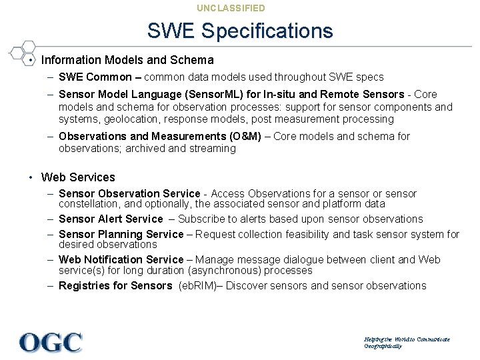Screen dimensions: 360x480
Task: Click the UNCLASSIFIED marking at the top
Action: click(231, 8)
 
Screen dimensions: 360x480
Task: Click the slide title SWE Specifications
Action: click(239, 31)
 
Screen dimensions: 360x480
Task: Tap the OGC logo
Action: click(51, 341)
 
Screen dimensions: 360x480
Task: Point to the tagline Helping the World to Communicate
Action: click(407, 339)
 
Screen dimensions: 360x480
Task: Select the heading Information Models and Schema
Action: click(127, 60)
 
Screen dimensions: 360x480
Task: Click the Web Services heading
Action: click(78, 177)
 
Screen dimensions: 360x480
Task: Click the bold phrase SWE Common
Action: click(95, 77)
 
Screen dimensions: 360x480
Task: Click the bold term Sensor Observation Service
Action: click(129, 194)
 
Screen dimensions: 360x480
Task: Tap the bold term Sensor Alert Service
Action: click(111, 219)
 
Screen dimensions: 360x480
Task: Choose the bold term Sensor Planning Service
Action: click(121, 235)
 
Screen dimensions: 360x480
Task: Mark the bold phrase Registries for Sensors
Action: click(115, 286)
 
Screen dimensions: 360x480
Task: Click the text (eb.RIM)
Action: click(204, 286)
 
